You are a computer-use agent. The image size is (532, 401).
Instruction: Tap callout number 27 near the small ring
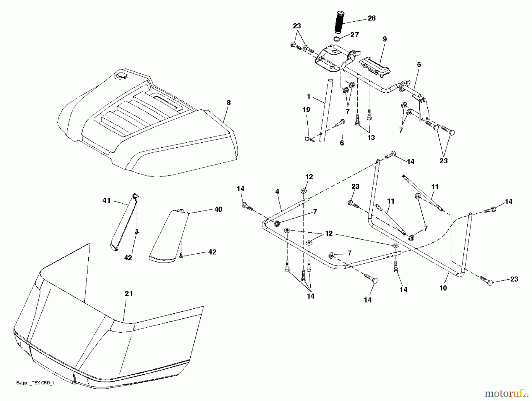pyautogui.click(x=354, y=35)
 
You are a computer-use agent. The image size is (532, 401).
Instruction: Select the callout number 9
pyautogui.click(x=384, y=39)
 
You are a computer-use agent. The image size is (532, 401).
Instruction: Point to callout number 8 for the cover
pyautogui.click(x=228, y=103)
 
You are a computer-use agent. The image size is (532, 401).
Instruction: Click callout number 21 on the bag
pyautogui.click(x=129, y=294)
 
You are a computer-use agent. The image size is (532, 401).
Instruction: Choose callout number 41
pyautogui.click(x=106, y=201)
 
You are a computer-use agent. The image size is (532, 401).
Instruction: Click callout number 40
pyautogui.click(x=218, y=210)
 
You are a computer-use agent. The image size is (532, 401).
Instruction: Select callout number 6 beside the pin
pyautogui.click(x=342, y=143)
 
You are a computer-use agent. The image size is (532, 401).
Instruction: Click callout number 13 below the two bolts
pyautogui.click(x=371, y=138)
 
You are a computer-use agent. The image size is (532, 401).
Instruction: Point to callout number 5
pyautogui.click(x=419, y=65)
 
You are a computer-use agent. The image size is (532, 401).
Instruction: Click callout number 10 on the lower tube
pyautogui.click(x=443, y=288)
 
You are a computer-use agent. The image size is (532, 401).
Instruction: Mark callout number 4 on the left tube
pyautogui.click(x=277, y=192)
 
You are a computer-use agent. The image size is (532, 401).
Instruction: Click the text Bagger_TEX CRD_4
pyautogui.click(x=35, y=383)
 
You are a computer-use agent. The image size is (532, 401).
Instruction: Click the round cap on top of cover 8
pyautogui.click(x=121, y=75)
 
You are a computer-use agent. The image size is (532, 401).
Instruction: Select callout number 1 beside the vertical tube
pyautogui.click(x=309, y=96)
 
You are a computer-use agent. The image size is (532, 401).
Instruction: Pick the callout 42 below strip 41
pyautogui.click(x=128, y=258)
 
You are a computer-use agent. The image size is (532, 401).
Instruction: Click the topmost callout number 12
pyautogui.click(x=309, y=177)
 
